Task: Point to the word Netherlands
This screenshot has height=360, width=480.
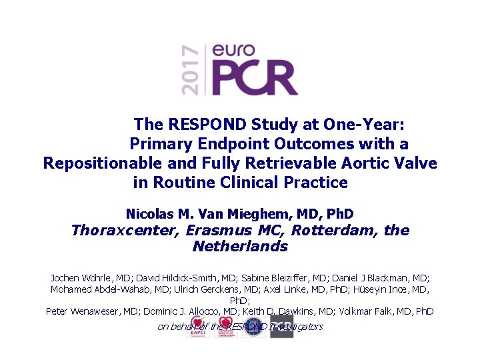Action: (x=240, y=247)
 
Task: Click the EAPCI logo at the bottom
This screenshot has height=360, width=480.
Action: (x=199, y=327)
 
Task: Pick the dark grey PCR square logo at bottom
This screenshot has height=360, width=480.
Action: (x=281, y=327)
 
